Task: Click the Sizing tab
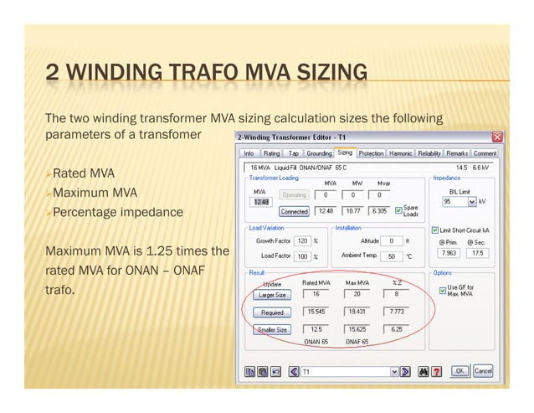click(x=345, y=153)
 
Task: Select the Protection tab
click(x=371, y=153)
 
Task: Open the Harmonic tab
click(x=401, y=153)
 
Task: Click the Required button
click(x=271, y=312)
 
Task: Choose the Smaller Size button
click(x=271, y=329)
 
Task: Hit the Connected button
click(x=294, y=211)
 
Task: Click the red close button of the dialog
click(x=496, y=137)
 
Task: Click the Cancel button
click(x=483, y=370)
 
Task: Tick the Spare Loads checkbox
click(x=398, y=209)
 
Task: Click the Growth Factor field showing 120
click(x=302, y=241)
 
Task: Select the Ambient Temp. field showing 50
click(x=392, y=256)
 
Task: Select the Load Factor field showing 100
click(x=302, y=256)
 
